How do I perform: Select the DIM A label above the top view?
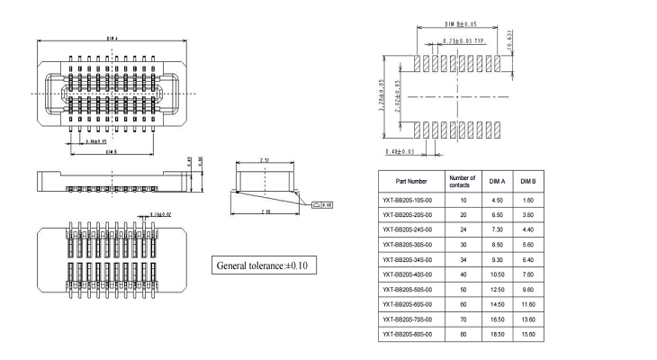coord(112,39)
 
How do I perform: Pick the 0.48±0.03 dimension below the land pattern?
coord(399,151)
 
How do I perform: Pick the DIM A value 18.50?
coord(498,334)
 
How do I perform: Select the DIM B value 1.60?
coord(528,200)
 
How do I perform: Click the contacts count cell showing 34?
coord(463,259)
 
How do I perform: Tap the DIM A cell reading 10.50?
coord(498,274)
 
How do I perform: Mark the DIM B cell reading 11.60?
coord(528,304)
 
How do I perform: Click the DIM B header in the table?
coord(528,181)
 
